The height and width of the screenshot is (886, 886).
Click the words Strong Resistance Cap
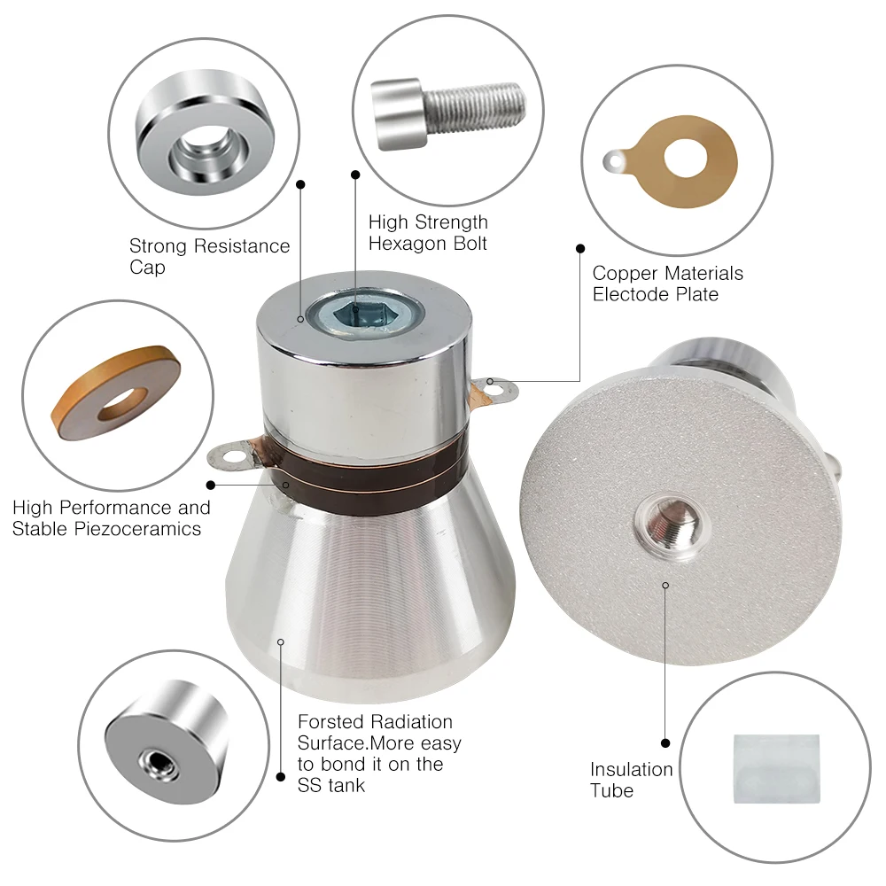point(209,256)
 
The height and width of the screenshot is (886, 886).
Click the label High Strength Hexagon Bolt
point(428,232)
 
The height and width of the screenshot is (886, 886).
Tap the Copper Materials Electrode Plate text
point(667,284)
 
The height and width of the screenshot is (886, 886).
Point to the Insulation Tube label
point(631,780)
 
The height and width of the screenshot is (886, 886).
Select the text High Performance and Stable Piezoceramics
point(111,518)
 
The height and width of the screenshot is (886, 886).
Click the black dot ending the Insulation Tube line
point(665,742)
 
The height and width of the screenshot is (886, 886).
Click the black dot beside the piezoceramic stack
point(211,485)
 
